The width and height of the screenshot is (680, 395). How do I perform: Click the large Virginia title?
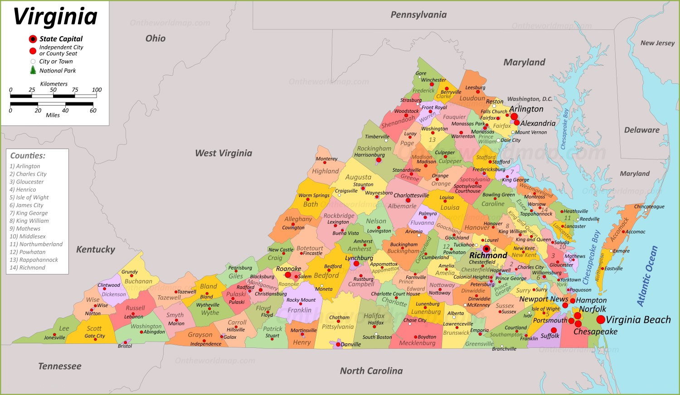tap(55, 17)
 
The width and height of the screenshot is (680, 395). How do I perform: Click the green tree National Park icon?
tap(33, 70)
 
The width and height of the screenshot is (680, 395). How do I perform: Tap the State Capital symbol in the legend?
tap(33, 39)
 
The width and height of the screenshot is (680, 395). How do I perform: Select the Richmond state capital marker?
tap(486, 249)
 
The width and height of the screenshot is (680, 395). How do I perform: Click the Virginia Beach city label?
tap(638, 320)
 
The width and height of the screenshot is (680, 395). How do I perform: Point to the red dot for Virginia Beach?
tap(601, 320)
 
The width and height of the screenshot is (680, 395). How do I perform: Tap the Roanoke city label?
tap(288, 269)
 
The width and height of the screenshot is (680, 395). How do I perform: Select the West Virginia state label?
tap(223, 153)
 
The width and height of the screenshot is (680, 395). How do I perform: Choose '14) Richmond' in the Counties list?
tap(27, 268)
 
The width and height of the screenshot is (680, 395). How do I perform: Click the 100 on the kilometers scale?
tap(97, 90)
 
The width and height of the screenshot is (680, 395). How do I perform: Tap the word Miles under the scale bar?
tap(53, 115)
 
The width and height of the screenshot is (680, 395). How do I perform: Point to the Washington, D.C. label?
tap(529, 99)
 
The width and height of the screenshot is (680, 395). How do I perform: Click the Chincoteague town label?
tap(649, 207)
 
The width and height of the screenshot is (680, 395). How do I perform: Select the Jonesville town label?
tap(54, 337)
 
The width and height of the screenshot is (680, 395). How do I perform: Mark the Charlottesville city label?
tap(411, 195)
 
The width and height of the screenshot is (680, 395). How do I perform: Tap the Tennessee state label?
tap(60, 366)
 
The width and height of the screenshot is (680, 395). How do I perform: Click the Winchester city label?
tap(433, 80)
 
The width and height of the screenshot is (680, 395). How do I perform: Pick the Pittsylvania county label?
tap(338, 327)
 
